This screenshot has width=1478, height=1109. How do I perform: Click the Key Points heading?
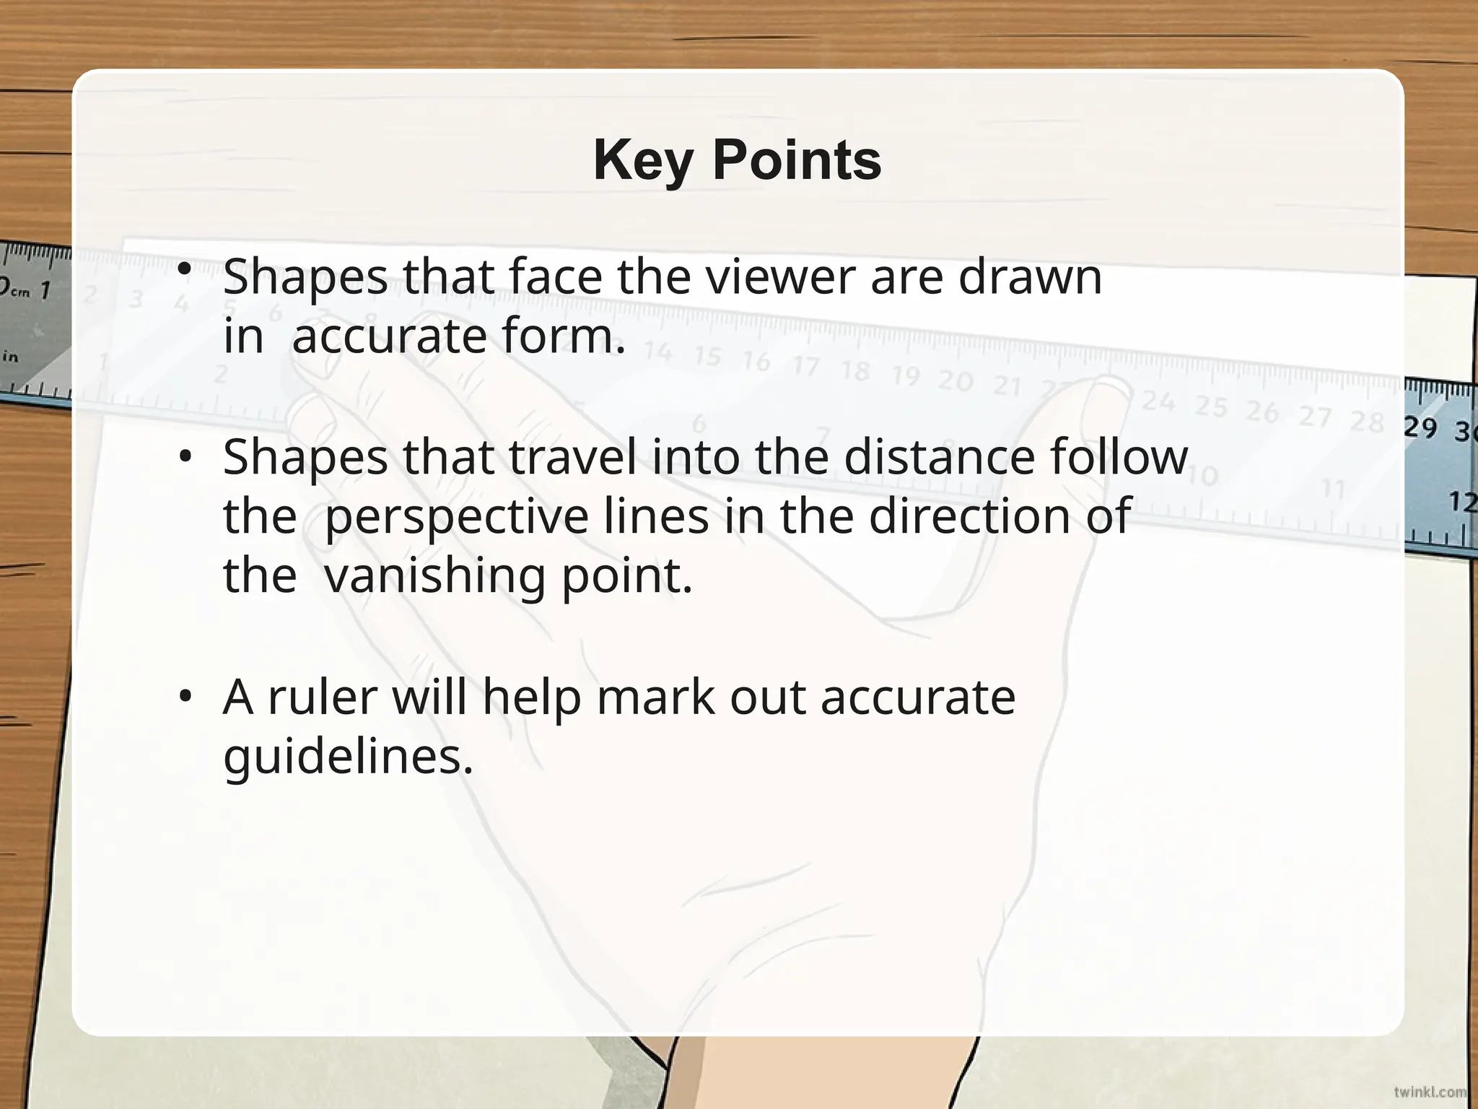click(x=737, y=160)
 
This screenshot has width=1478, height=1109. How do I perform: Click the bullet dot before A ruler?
click(x=185, y=696)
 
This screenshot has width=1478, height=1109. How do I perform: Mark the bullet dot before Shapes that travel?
click(x=185, y=456)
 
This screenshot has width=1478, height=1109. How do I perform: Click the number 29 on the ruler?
click(x=1420, y=427)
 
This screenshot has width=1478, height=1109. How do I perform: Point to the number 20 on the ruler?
click(x=956, y=380)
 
